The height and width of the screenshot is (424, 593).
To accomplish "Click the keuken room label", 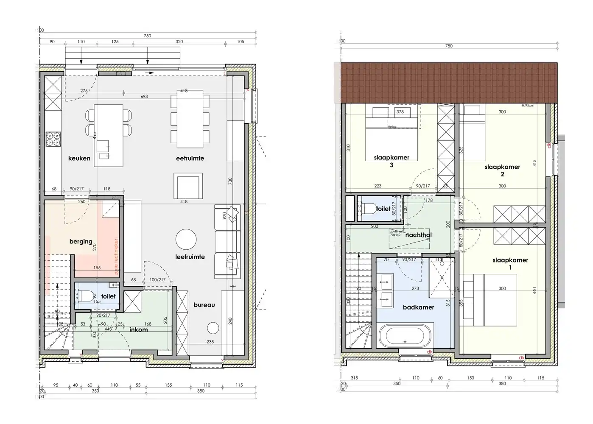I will [x=79, y=158].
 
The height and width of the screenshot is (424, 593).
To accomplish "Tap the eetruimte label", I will [x=190, y=158].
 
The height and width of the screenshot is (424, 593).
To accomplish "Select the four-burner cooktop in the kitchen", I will [x=54, y=139].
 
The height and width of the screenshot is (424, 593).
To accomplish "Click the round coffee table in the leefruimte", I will [x=186, y=240].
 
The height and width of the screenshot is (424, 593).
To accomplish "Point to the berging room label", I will [x=81, y=242].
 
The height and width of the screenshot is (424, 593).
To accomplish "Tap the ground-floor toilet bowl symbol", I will [x=84, y=296].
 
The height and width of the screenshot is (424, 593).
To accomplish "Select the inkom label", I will [x=139, y=329].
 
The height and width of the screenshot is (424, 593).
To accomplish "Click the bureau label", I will [x=204, y=304].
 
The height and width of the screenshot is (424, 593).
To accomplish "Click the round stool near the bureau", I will [x=213, y=329].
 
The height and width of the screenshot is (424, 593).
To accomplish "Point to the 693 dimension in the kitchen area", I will [x=144, y=97].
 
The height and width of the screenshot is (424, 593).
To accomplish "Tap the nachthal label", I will [x=418, y=235].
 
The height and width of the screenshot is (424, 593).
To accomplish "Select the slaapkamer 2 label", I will [x=502, y=170].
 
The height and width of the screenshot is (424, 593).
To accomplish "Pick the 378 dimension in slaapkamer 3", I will [x=400, y=112].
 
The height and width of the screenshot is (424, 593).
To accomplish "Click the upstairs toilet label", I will [x=383, y=209].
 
